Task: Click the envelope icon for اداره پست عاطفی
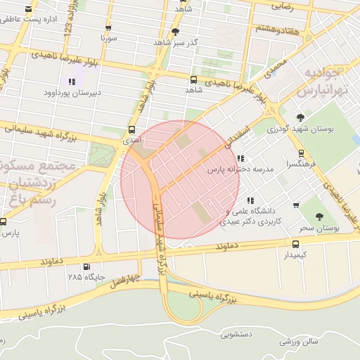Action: tap(27, 10)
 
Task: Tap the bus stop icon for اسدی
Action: tap(131, 129)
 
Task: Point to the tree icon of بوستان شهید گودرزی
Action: tap(301, 117)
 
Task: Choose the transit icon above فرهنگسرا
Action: tap(301, 153)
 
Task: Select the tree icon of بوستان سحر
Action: tap(319, 217)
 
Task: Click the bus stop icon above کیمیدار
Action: tap(295, 244)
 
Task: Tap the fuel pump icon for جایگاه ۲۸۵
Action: tap(86, 266)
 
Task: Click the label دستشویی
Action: tap(236, 335)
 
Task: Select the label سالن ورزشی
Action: tap(299, 341)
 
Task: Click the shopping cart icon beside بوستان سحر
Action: tap(296, 205)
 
